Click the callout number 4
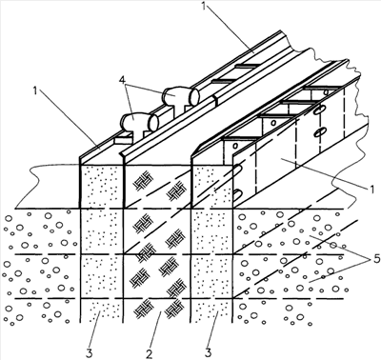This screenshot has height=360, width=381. tap(121, 79)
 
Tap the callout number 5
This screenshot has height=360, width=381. tap(376, 259)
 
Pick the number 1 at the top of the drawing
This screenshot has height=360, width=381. tap(204, 6)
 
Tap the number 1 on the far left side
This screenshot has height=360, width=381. tap(34, 90)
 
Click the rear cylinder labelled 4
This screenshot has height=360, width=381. tap(181, 95)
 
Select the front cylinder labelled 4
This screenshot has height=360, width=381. tap(139, 122)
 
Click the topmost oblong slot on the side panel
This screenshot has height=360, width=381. tap(317, 111)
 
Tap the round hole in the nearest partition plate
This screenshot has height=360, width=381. tap(235, 146)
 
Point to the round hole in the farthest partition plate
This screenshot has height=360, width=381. tap(326, 92)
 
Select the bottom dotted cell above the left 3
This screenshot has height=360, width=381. tap(102, 310)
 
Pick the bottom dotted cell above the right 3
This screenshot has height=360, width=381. tap(212, 310)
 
